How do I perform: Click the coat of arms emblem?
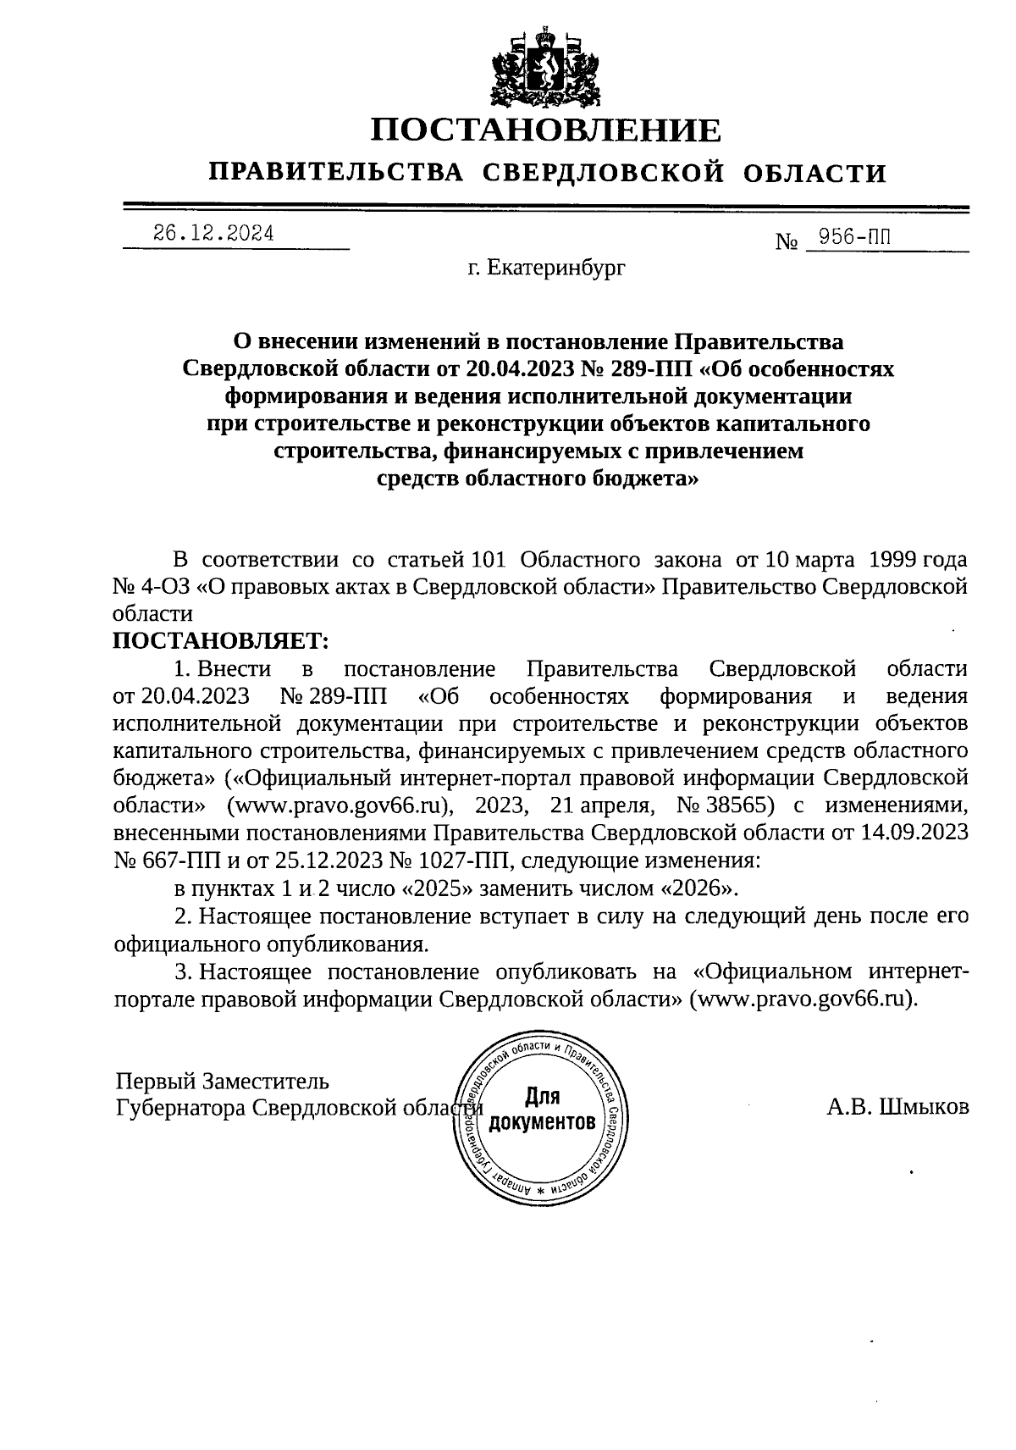(x=545, y=66)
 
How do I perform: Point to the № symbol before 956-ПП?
(x=787, y=242)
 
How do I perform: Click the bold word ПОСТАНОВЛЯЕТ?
(x=218, y=639)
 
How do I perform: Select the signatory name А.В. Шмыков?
(x=898, y=1107)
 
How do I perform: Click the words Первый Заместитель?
(x=223, y=1082)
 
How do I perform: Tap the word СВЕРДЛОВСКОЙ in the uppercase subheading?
(x=603, y=174)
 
